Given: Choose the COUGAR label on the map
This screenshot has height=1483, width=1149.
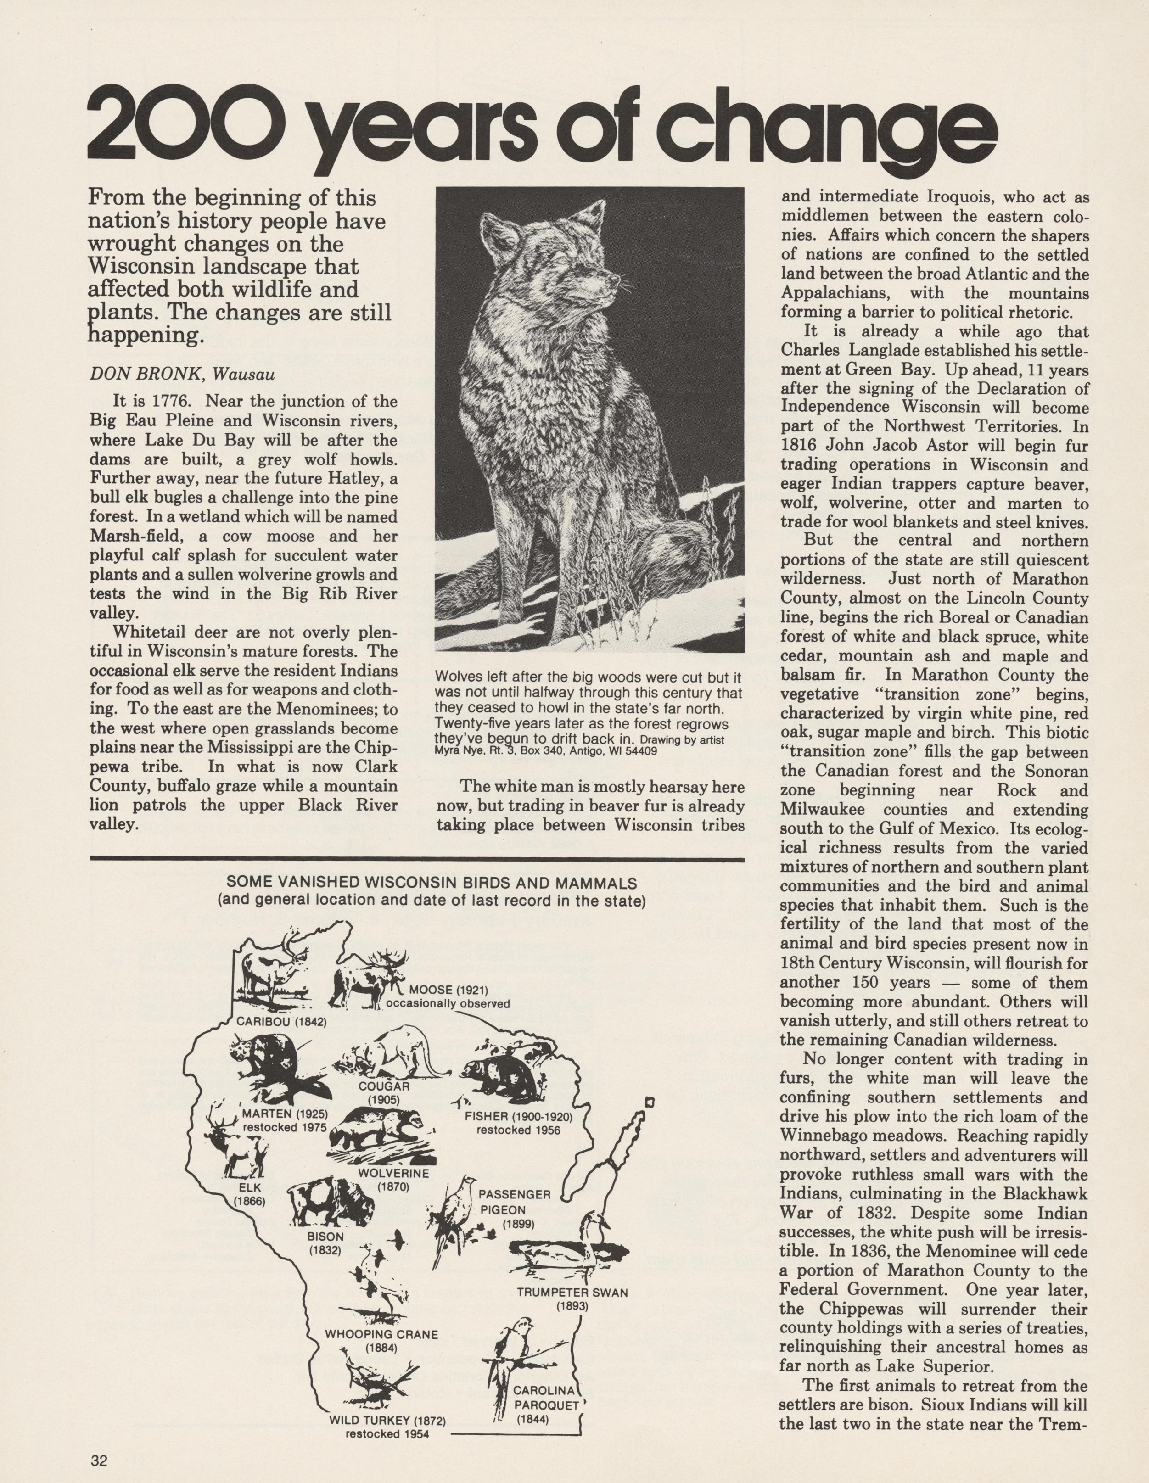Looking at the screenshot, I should [x=384, y=1086].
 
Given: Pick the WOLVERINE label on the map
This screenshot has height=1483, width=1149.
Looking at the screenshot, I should [x=394, y=1173].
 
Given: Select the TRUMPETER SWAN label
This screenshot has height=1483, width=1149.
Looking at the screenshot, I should [x=572, y=1292].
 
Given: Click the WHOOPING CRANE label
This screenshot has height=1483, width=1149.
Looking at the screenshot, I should [x=381, y=1334].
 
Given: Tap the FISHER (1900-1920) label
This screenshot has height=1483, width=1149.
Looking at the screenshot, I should [x=518, y=1116].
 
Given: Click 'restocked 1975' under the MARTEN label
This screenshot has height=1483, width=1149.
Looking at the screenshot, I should [x=285, y=1128].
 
